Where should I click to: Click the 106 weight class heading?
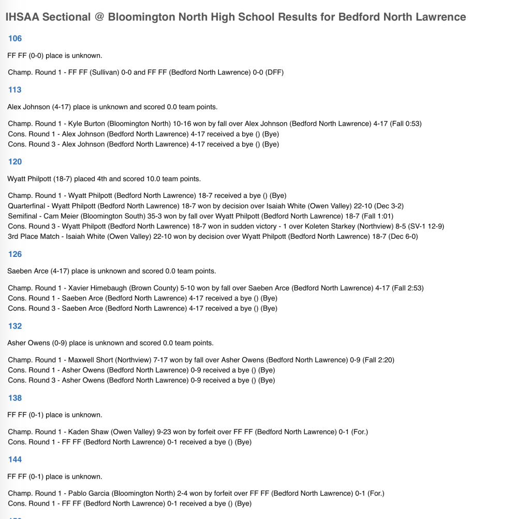coord(15,38)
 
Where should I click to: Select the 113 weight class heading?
coord(15,90)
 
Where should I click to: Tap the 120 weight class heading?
coord(15,162)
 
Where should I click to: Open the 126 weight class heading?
coord(15,254)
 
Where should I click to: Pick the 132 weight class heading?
coord(15,326)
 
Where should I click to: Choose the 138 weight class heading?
coord(15,398)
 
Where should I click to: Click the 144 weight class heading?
coord(15,459)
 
